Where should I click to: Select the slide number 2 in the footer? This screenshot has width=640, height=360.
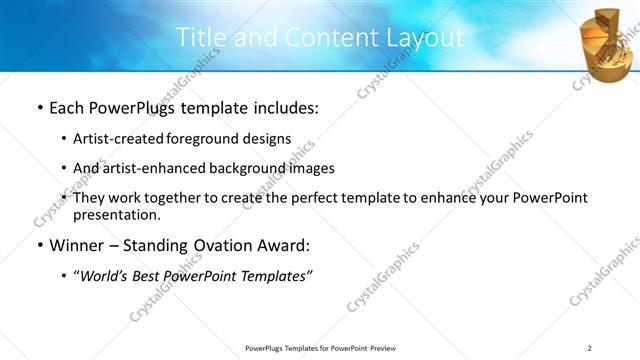590,348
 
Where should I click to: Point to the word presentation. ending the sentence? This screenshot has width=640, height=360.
116,215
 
